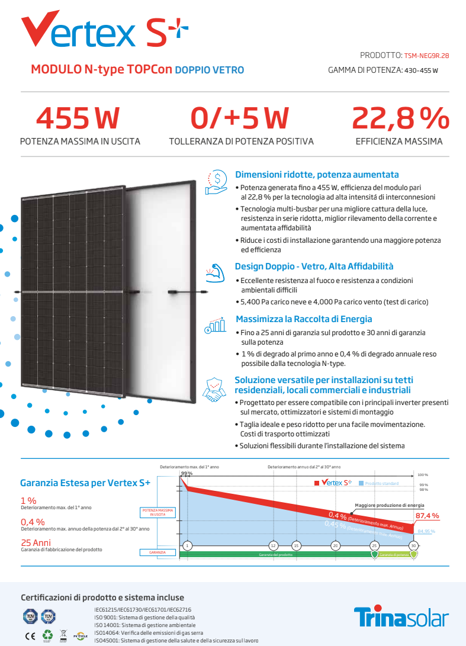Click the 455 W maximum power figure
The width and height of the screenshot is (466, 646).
point(78,118)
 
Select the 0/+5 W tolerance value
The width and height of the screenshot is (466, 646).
point(239,118)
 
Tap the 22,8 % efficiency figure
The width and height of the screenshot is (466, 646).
point(400,118)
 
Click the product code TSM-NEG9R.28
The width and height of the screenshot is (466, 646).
point(426,56)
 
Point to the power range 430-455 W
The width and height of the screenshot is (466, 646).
point(421,70)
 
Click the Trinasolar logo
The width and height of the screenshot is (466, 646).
point(401,618)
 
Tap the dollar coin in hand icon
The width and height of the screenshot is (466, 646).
point(217,181)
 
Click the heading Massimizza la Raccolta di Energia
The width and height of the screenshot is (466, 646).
point(304,319)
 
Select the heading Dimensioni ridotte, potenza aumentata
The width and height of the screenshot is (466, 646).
point(317,175)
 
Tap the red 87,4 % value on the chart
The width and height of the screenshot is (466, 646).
point(427,516)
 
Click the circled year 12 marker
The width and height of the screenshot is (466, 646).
point(273,545)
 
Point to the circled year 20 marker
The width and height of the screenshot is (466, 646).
point(335,545)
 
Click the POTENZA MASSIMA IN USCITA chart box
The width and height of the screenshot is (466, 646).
point(158,512)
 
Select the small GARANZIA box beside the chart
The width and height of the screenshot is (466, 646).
point(158,552)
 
